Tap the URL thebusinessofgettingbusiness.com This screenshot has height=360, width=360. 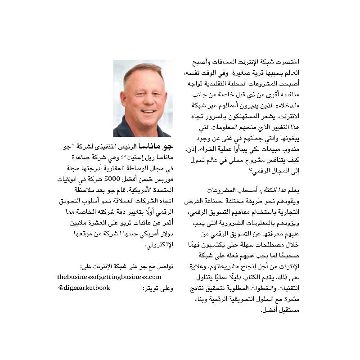pos(109,277)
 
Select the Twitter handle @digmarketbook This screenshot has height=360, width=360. pos(84,288)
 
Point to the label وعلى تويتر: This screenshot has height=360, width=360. pos(158,288)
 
